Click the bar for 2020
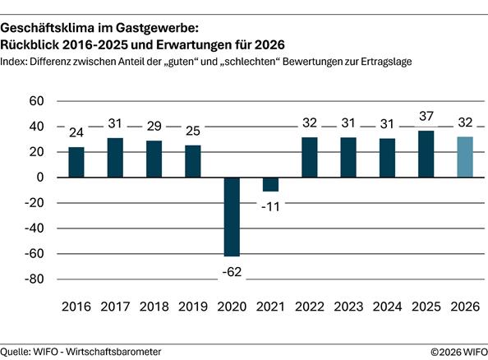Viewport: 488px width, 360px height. (x=232, y=217)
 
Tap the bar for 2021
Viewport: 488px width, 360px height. (x=271, y=184)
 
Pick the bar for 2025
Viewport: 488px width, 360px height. (x=427, y=154)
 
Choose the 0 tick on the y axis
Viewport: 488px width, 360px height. (x=38, y=178)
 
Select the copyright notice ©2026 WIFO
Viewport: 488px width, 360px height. (x=458, y=351)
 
